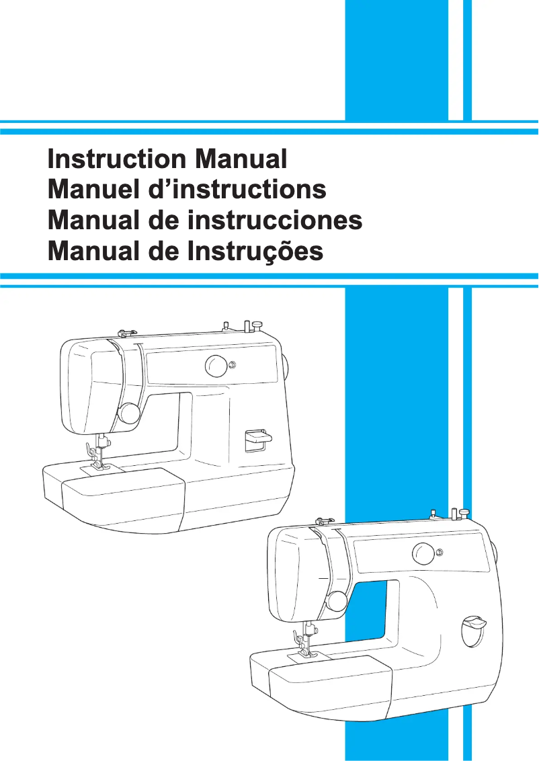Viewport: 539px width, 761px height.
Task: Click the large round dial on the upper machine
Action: pos(216,366)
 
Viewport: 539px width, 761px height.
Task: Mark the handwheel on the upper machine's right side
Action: pos(285,367)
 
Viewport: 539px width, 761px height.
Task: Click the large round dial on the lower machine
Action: pos(423,555)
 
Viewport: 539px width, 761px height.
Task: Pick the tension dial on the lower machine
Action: pos(335,600)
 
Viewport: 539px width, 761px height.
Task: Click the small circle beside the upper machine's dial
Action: pos(233,366)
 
